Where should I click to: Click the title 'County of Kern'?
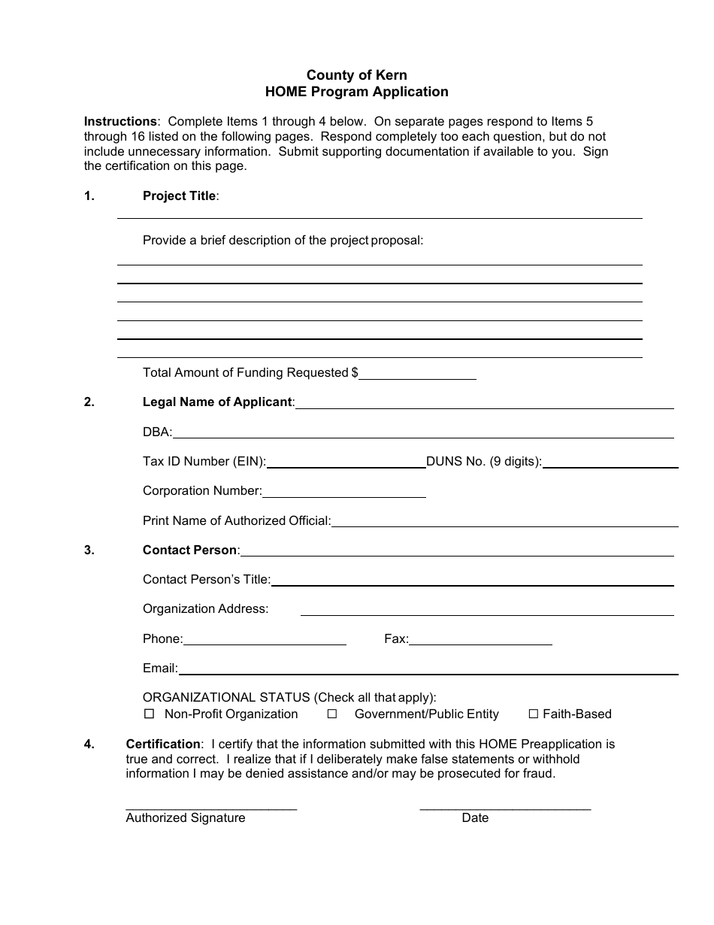[356, 75]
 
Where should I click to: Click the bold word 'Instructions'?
[120, 121]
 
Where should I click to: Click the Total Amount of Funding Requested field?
[418, 373]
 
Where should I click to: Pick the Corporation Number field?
[344, 491]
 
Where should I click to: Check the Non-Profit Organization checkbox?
[149, 714]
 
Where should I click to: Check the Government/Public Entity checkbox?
[331, 714]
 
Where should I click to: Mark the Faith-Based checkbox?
[534, 714]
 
